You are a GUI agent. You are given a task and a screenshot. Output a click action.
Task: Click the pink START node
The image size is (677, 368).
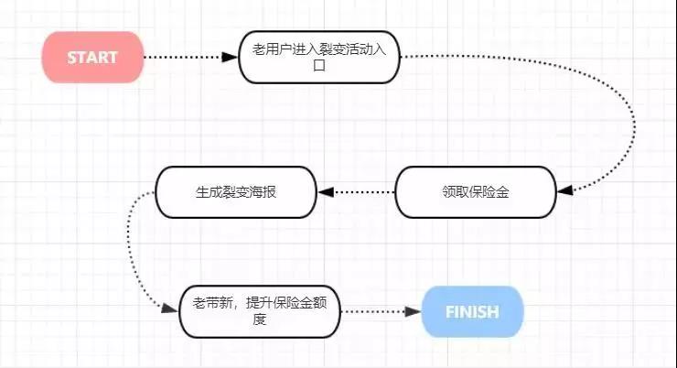tap(92, 57)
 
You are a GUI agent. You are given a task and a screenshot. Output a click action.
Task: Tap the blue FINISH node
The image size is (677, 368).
tap(472, 312)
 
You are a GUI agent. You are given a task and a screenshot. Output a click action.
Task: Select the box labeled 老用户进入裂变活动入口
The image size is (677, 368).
tap(319, 57)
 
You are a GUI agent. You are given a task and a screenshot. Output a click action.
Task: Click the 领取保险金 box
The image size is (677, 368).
tap(475, 192)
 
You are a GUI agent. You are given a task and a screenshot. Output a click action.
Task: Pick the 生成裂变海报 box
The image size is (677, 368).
tap(236, 192)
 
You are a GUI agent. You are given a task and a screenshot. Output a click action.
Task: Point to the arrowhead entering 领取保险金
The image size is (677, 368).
tap(564, 190)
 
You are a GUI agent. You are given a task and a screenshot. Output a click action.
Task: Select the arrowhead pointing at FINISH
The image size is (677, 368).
tap(414, 312)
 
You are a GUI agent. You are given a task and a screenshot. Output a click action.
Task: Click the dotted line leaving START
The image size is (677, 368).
tap(183, 57)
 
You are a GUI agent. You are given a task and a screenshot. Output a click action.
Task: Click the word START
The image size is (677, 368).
tap(92, 57)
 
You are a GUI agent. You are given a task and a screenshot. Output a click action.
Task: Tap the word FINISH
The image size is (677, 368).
tap(472, 312)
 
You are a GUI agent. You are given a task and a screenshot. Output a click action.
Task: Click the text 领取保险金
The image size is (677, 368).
tap(475, 192)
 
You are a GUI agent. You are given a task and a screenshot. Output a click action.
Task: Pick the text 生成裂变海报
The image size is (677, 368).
tap(236, 192)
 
